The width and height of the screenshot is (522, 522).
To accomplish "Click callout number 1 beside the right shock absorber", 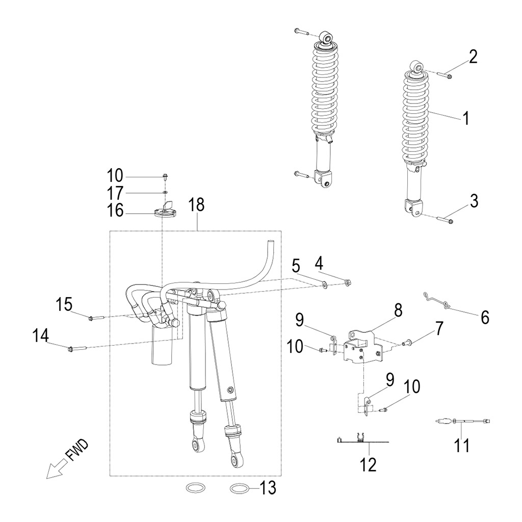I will tap(465, 119).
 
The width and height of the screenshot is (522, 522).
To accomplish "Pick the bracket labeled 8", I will tap(363, 346).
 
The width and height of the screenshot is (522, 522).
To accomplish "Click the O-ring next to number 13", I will tap(241, 489).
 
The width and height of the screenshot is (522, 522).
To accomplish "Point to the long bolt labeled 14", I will tap(76, 349).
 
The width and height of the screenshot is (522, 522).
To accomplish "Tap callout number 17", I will tap(115, 194).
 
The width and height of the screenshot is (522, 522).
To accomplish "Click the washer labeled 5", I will tap(325, 283).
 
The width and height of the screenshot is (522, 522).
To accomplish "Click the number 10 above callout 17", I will tap(115, 176).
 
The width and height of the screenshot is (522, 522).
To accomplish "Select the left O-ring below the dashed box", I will tap(196, 488).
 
